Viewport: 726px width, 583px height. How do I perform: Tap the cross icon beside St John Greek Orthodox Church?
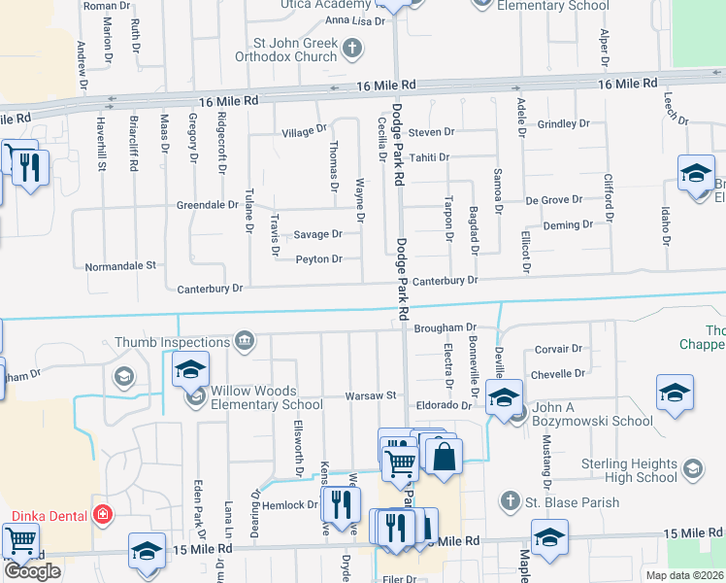352,46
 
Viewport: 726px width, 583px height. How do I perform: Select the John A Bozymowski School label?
592,421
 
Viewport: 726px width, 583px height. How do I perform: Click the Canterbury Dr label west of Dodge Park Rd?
210,289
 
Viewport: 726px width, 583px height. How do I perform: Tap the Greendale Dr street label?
208,205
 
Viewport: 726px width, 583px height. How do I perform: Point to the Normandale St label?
120,264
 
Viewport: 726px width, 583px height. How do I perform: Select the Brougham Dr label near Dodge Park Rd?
445,328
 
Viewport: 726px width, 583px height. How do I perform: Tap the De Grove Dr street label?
554,199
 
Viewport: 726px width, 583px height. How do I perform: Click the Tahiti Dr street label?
429,157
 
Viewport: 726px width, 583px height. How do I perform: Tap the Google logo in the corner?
32,571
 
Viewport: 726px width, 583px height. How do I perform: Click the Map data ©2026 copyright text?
683,575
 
